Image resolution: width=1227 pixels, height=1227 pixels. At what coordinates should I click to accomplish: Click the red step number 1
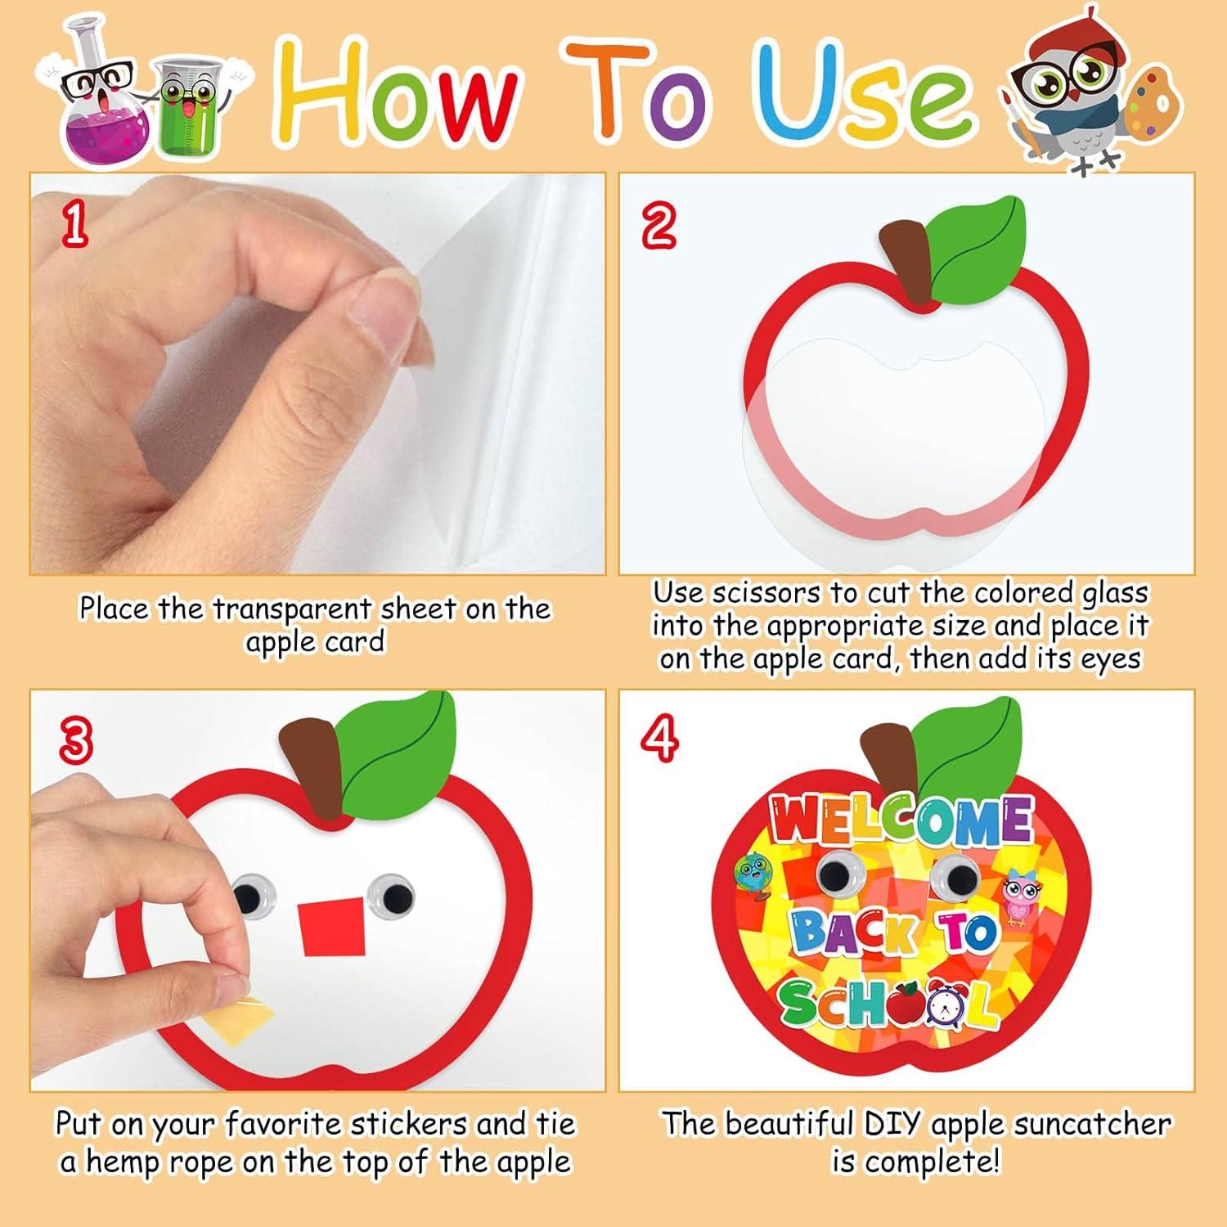tap(74, 225)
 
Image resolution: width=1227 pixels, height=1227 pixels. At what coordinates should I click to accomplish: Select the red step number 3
tap(74, 740)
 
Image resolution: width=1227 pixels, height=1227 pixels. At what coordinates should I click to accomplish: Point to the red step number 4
tap(659, 737)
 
